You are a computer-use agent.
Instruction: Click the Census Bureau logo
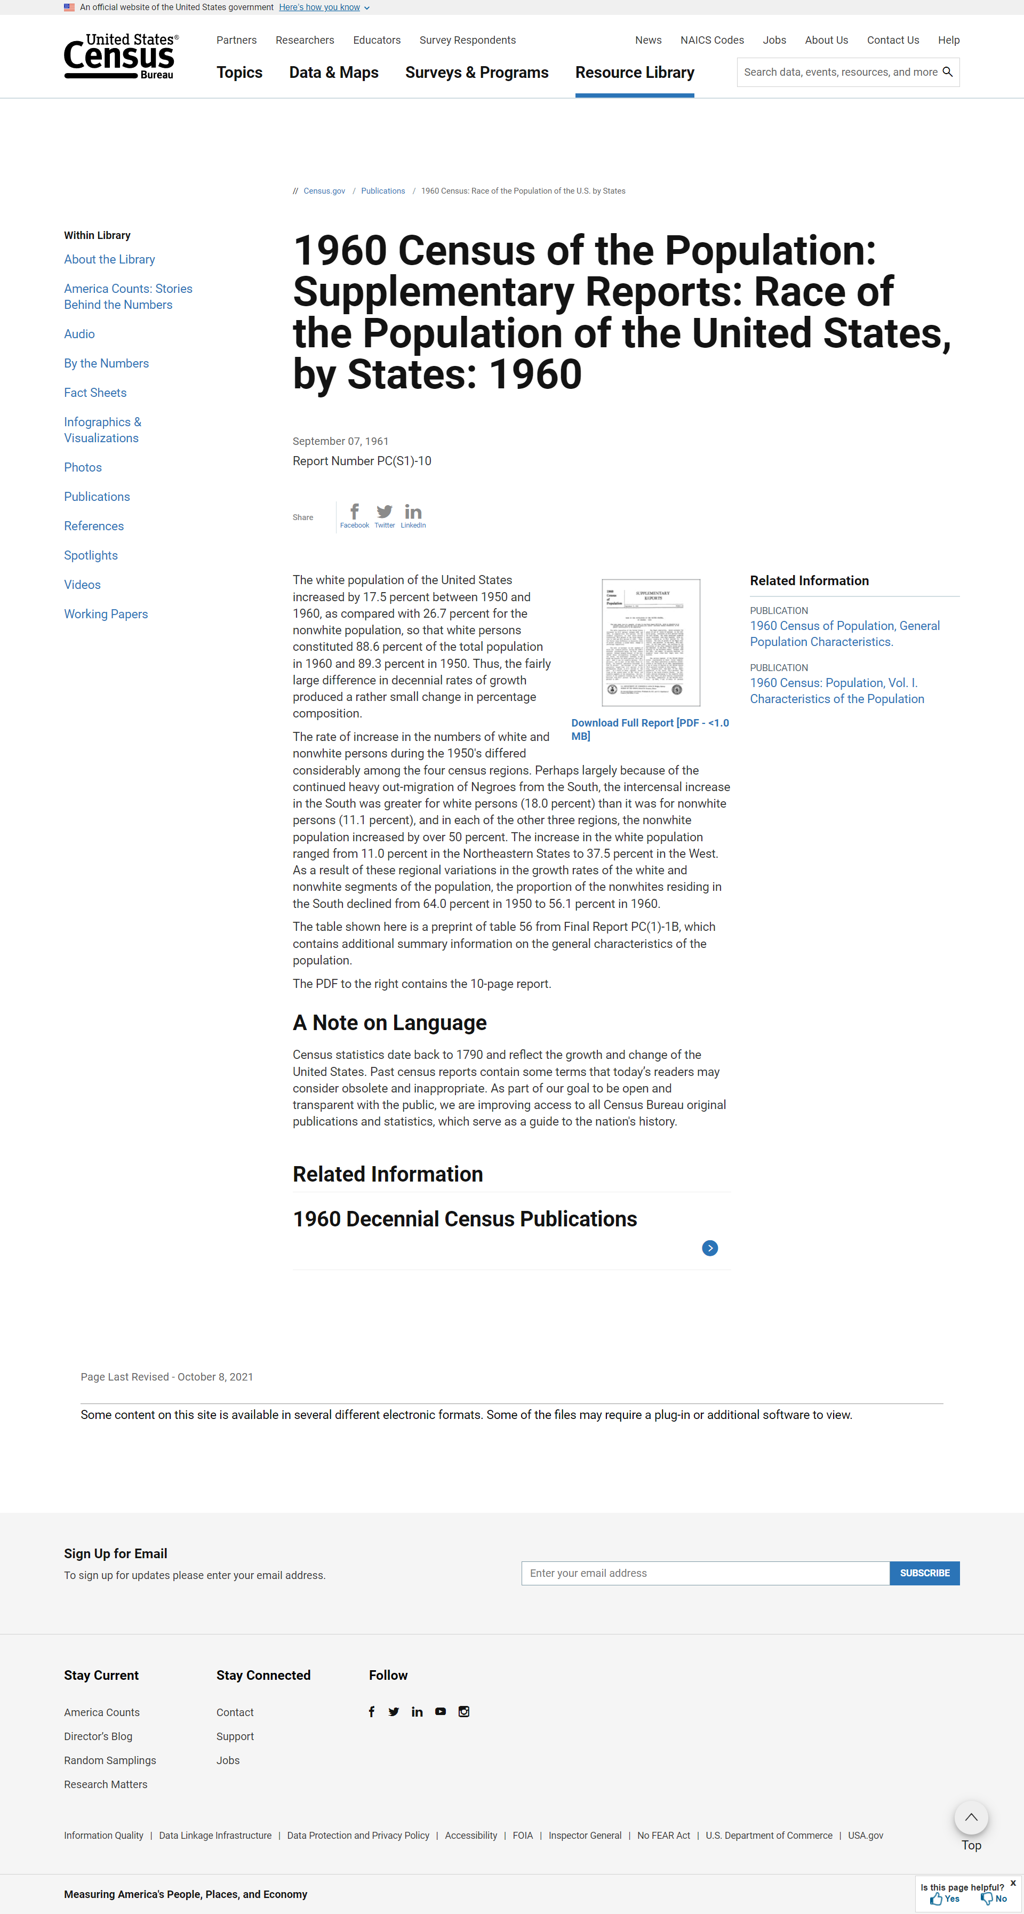[x=119, y=57]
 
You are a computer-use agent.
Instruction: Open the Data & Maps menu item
[x=334, y=73]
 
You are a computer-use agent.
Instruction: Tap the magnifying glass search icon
[x=947, y=72]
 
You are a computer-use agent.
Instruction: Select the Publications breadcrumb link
[x=383, y=192]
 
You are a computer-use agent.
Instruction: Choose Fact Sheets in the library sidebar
[x=95, y=392]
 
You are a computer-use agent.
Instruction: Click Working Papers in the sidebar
[x=106, y=613]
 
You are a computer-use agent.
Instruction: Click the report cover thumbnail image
[x=650, y=642]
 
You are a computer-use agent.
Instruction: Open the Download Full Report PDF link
[x=650, y=729]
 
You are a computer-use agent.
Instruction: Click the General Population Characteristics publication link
[x=844, y=634]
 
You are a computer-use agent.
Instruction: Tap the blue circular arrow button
[x=710, y=1248]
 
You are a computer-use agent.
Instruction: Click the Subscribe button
[x=924, y=1573]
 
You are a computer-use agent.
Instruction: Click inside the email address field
[x=705, y=1573]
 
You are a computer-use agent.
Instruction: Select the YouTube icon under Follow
[x=441, y=1711]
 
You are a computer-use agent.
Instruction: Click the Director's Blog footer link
[x=98, y=1736]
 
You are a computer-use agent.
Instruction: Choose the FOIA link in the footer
[x=523, y=1835]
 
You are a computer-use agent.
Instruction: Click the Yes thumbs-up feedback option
[x=945, y=1899]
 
